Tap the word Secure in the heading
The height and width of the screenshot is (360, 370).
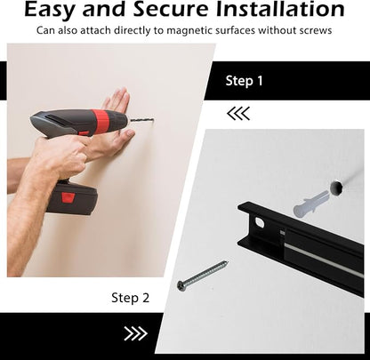point(171,9)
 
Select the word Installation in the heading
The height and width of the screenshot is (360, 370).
point(280,9)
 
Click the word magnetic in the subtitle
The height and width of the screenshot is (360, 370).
point(189,30)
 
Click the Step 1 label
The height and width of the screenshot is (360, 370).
point(244,81)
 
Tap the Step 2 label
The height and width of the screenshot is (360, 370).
point(130,298)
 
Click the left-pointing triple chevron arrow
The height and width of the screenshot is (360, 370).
point(238,114)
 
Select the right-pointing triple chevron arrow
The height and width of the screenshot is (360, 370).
point(136,334)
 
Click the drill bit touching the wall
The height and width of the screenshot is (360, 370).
point(141,120)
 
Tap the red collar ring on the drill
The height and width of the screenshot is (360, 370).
point(100,119)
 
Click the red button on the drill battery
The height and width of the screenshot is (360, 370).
point(68,197)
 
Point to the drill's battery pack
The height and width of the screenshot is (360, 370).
point(73,197)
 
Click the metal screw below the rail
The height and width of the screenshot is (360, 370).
point(203,275)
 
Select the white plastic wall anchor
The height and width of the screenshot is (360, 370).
point(311,204)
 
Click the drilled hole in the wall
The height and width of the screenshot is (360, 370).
point(336,188)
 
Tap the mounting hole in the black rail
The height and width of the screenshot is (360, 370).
point(260,222)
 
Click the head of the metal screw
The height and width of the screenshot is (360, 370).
point(181,285)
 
